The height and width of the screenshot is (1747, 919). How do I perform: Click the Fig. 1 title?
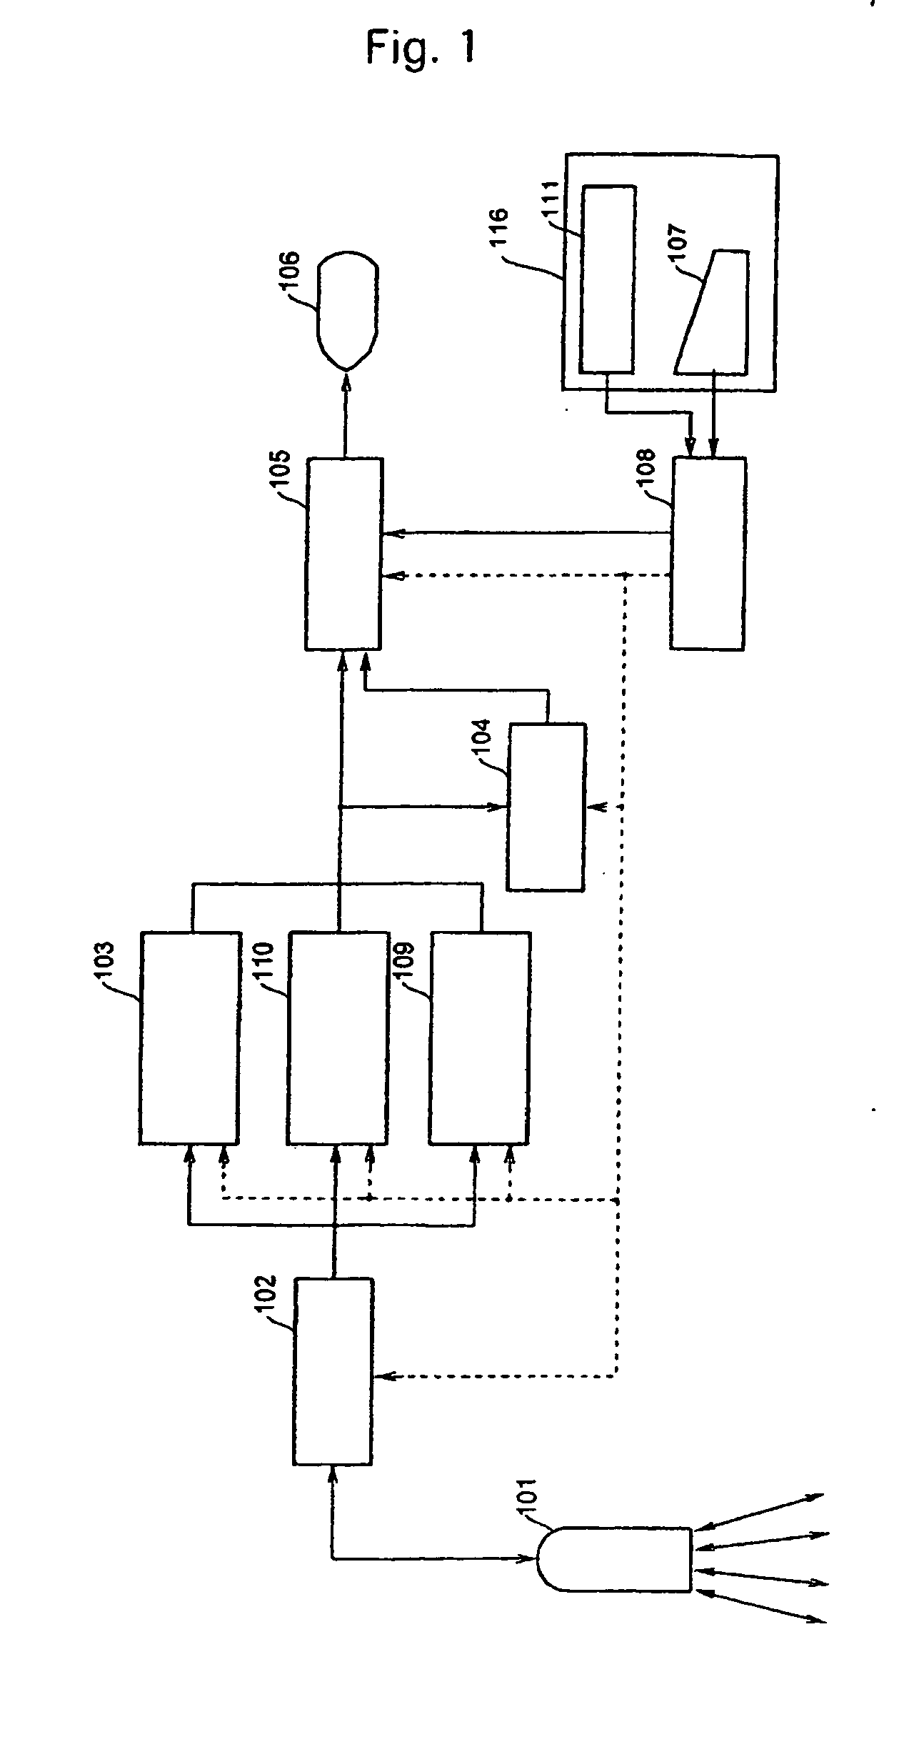421,49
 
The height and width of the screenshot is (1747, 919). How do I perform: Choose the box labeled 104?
546,807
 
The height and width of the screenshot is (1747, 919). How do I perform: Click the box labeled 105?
344,554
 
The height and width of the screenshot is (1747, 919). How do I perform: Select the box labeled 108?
708,554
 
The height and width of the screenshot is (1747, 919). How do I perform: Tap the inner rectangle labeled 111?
607,279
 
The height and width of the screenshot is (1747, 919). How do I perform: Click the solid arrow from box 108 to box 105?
525,532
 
